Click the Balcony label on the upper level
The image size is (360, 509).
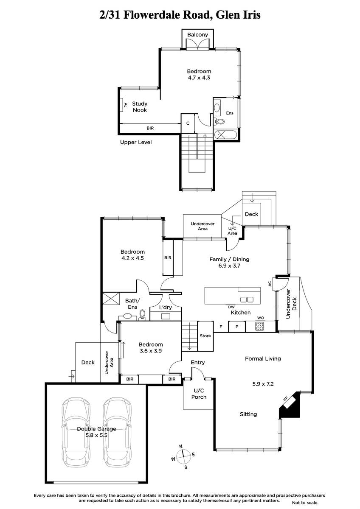(x=197, y=34)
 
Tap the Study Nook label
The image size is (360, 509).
(x=140, y=107)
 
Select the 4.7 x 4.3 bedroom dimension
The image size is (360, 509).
(x=199, y=78)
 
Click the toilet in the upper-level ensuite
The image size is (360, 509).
(x=219, y=122)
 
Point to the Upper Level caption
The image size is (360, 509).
(x=136, y=143)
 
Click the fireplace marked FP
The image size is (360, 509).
(x=289, y=405)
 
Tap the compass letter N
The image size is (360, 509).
(x=181, y=447)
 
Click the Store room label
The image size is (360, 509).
(x=205, y=336)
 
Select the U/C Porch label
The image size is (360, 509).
(x=199, y=394)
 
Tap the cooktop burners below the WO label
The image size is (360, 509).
(x=259, y=326)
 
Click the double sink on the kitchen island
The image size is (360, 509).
(x=247, y=300)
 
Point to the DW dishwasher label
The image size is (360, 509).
(x=231, y=308)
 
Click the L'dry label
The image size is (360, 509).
(x=165, y=308)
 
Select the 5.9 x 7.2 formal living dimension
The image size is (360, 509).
(x=263, y=384)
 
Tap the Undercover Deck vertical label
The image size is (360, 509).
(x=291, y=304)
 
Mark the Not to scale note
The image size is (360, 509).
(x=305, y=503)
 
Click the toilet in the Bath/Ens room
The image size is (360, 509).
(x=142, y=315)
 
